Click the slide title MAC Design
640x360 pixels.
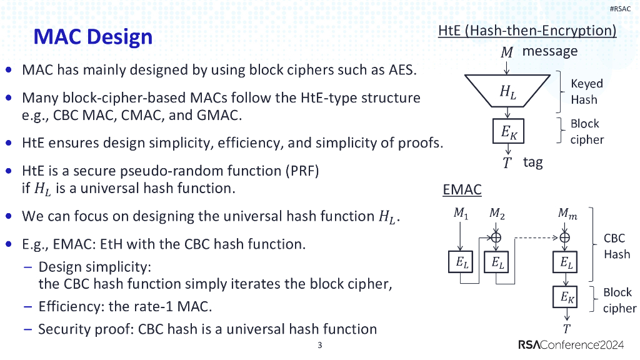(x=92, y=37)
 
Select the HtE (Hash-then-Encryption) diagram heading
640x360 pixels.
(x=527, y=31)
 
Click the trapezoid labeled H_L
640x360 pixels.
(x=508, y=92)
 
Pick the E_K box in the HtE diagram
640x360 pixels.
(x=508, y=132)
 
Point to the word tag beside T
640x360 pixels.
(x=532, y=162)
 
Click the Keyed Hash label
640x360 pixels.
(x=586, y=91)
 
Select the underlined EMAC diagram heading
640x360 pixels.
(x=462, y=189)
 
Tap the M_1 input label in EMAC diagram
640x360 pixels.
(x=461, y=214)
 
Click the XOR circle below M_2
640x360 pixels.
(x=497, y=237)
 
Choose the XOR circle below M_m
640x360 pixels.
(x=566, y=237)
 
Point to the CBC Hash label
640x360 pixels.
(x=616, y=246)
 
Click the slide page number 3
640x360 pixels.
(x=319, y=346)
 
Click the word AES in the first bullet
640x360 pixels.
(x=400, y=69)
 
